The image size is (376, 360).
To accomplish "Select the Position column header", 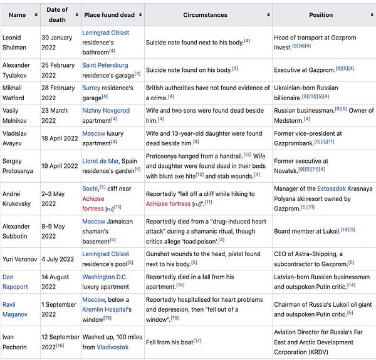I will click(320, 14).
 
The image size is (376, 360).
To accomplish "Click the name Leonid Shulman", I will click(13, 42).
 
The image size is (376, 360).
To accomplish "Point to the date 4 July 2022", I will click(58, 258).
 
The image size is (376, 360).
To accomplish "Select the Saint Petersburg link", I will click(105, 65).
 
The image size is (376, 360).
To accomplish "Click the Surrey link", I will click(93, 88).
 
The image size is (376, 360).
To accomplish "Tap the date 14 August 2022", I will click(58, 281).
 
